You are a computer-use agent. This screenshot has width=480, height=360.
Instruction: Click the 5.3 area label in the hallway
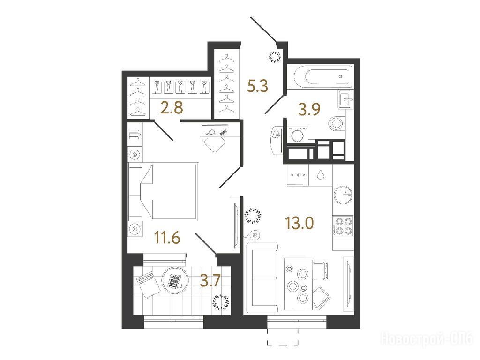click(x=257, y=86)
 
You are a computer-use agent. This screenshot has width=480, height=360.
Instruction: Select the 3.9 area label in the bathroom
click(x=309, y=109)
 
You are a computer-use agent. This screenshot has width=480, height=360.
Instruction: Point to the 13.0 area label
click(x=300, y=223)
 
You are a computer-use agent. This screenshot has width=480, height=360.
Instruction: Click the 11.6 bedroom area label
click(x=167, y=238)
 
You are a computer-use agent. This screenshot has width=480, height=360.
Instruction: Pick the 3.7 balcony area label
click(x=210, y=280)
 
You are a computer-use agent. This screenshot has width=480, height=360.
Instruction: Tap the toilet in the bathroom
click(x=337, y=124)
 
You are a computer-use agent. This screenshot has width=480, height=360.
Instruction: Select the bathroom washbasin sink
click(x=346, y=99)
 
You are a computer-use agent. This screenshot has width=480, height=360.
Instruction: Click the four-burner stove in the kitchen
click(x=343, y=225)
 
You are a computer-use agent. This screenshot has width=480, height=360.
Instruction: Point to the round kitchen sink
click(x=343, y=195)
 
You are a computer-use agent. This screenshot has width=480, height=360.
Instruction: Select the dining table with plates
click(x=298, y=284)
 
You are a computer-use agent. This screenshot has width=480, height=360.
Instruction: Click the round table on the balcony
click(x=175, y=280)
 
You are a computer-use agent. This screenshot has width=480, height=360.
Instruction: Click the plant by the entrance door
click(x=275, y=57)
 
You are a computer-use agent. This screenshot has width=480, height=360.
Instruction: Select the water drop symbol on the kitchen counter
click(x=321, y=174)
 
